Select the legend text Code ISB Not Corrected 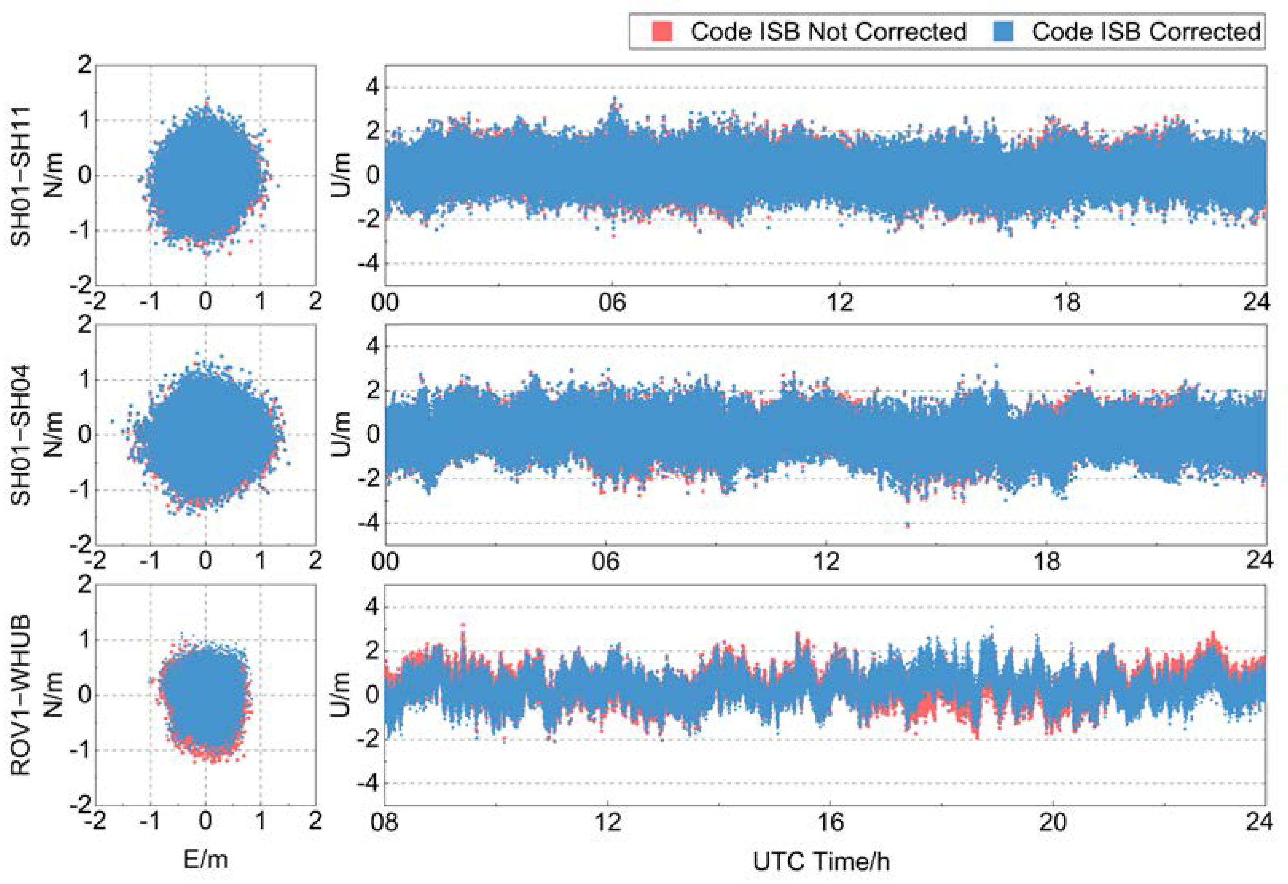pos(828,32)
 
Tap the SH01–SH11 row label pos(21,176)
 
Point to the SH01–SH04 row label pos(21,435)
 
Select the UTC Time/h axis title pos(821,861)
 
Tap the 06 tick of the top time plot pos(612,303)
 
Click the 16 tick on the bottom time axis pos(830,821)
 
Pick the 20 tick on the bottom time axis pos(1052,821)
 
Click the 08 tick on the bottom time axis pos(385,821)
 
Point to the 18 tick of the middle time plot pos(1046,561)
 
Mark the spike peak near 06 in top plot pos(614,100)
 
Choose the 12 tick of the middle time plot pos(826,561)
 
